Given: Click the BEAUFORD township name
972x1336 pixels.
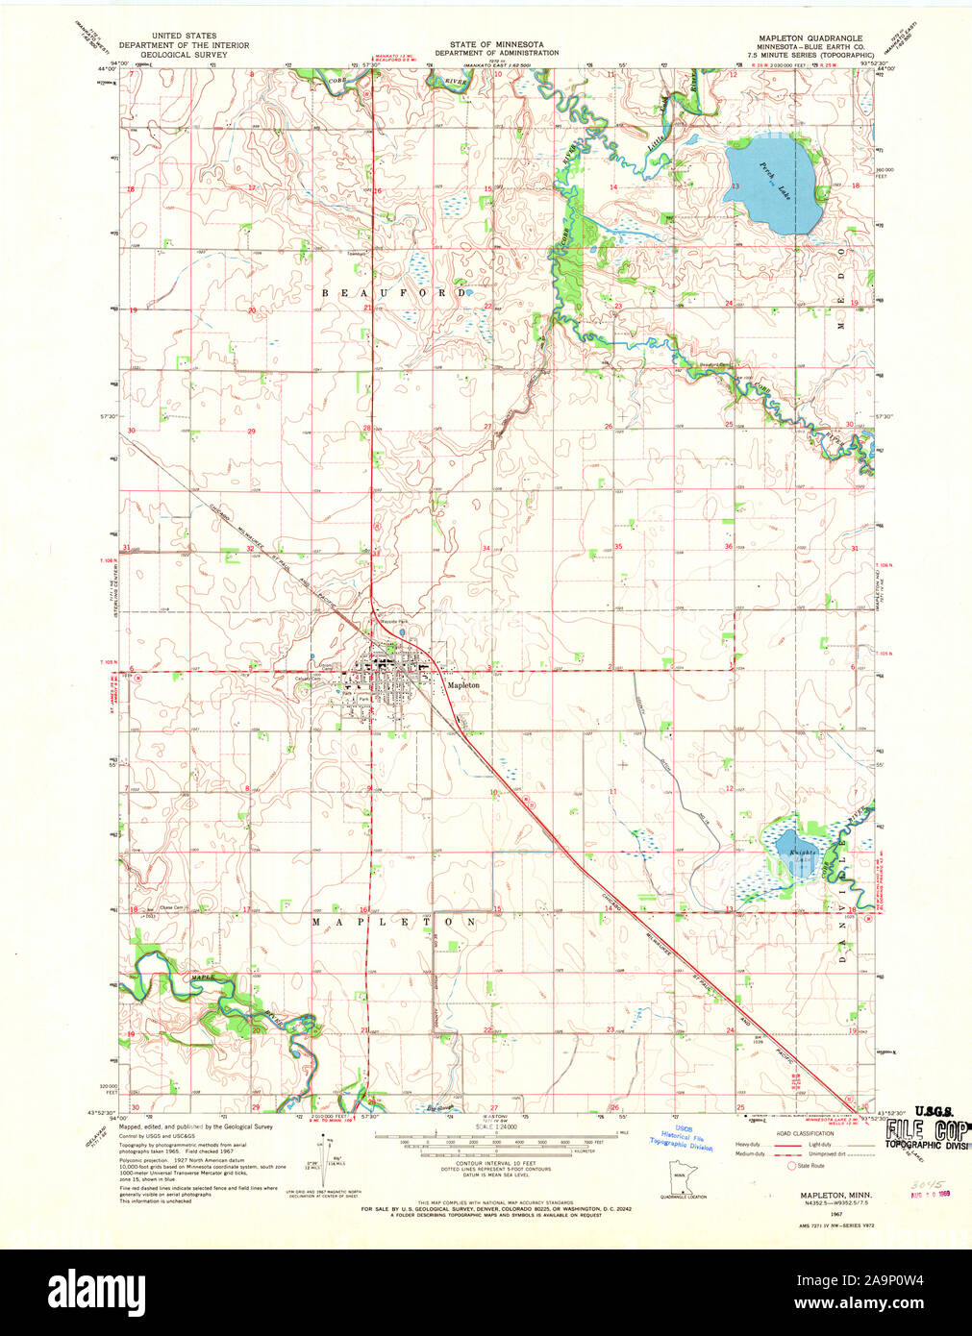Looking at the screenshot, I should click(394, 292).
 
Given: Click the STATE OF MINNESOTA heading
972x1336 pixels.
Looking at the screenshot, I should click(495, 44).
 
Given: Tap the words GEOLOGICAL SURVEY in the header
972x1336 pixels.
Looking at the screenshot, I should click(183, 56).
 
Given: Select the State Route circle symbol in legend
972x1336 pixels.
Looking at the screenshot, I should click(792, 1165).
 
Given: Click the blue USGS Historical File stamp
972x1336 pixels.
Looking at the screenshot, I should click(682, 1138).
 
